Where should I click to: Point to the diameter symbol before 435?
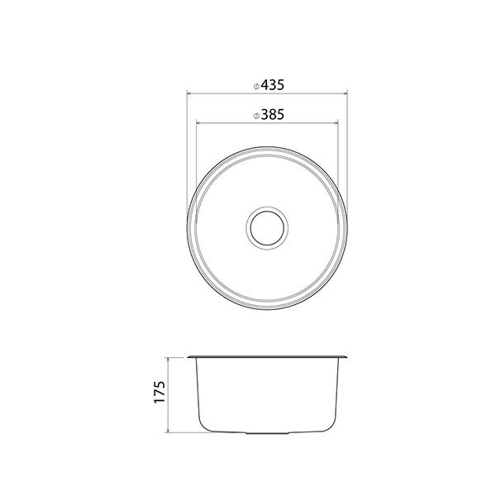tap(257, 85)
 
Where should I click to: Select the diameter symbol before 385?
tap(257, 117)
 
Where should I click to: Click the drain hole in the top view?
tap(266, 225)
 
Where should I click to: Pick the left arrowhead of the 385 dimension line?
tap(197, 124)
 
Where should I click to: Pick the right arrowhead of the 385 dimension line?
tap(336, 124)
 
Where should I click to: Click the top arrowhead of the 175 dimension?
tap(169, 360)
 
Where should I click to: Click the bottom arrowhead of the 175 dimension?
tap(169, 431)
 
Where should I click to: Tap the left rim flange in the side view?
tap(192, 357)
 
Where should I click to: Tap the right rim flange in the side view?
tap(342, 357)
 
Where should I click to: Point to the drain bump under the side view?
tap(266, 432)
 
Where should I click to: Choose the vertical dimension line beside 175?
tap(169, 395)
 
